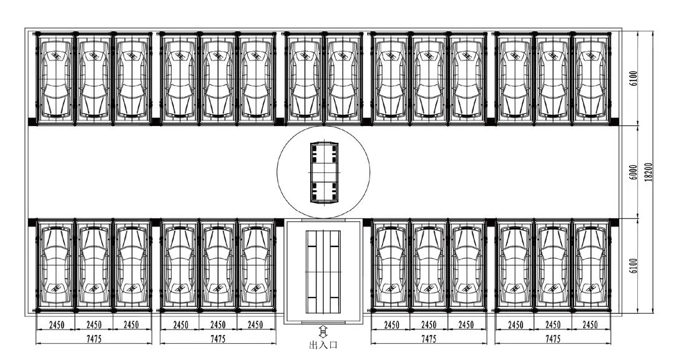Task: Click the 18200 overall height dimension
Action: pyautogui.click(x=648, y=172)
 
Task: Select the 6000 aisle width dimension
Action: pyautogui.click(x=633, y=172)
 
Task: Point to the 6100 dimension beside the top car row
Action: pyautogui.click(x=633, y=79)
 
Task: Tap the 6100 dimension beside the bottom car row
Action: pyautogui.click(x=633, y=266)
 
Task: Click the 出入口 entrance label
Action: pyautogui.click(x=323, y=345)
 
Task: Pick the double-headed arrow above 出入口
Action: pyautogui.click(x=323, y=331)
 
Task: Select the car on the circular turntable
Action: pyautogui.click(x=323, y=172)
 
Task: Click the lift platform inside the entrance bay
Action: pyautogui.click(x=323, y=271)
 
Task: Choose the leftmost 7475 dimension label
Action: pyautogui.click(x=94, y=339)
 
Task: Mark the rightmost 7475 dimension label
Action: pyautogui.click(x=553, y=339)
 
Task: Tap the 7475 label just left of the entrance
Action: pyautogui.click(x=218, y=339)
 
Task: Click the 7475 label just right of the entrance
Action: pyautogui.click(x=429, y=339)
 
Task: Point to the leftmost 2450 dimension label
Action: pyautogui.click(x=56, y=325)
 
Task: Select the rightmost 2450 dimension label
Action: pyautogui.click(x=590, y=325)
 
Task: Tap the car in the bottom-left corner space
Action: pyautogui.click(x=56, y=265)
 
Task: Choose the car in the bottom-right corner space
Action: pyautogui.click(x=590, y=265)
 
